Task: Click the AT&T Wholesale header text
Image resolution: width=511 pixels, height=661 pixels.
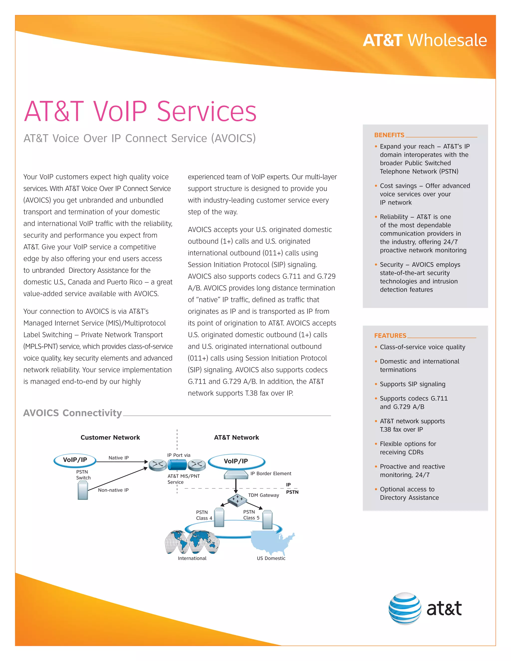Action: click(424, 40)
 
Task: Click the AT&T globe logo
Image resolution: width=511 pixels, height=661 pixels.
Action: click(404, 608)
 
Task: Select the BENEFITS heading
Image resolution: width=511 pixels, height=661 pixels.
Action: click(389, 135)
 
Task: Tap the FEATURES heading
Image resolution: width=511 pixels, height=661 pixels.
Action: click(390, 336)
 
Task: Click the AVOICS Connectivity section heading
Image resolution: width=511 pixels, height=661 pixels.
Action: click(72, 413)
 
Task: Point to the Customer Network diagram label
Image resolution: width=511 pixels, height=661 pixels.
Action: click(110, 437)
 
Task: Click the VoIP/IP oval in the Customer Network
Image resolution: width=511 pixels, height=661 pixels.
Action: click(75, 460)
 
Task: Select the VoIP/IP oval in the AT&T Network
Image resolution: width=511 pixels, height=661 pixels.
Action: click(236, 461)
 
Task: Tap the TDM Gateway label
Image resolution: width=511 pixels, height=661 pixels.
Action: click(263, 495)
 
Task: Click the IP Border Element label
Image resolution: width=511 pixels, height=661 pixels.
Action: click(271, 473)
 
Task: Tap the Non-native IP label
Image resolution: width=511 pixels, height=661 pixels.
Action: click(113, 490)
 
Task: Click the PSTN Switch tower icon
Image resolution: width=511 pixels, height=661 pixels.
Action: click(83, 491)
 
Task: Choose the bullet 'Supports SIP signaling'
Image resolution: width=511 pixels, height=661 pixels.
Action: click(412, 384)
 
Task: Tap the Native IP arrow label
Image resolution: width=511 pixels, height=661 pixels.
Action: click(118, 458)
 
